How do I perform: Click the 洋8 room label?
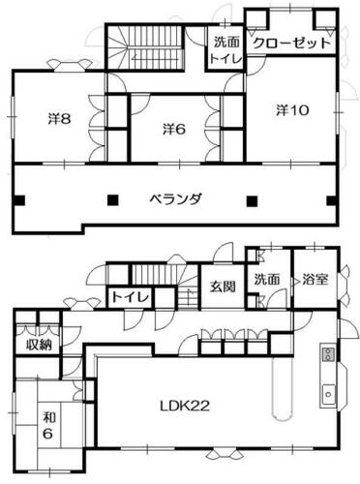tap(60, 119)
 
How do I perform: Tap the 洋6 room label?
tap(174, 129)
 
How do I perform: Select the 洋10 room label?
tap(292, 110)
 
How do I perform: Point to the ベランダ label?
tap(176, 198)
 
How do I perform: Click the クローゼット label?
tap(292, 43)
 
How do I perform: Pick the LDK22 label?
tap(185, 406)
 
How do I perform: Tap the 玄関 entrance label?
tap(223, 287)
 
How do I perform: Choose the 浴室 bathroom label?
tap(315, 280)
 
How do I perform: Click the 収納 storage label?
tap(39, 346)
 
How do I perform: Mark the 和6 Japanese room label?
tap(48, 426)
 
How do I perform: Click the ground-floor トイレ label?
tap(131, 297)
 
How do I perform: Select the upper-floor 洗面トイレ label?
tap(225, 50)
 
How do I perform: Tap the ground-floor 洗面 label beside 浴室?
tap(267, 280)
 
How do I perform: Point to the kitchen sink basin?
tap(329, 394)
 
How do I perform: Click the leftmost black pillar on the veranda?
tap(19, 200)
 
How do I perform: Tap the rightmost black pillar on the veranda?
tap(332, 200)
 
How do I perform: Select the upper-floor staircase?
tap(146, 46)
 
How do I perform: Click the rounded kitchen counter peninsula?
tap(284, 387)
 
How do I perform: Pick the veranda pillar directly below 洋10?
tap(253, 200)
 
